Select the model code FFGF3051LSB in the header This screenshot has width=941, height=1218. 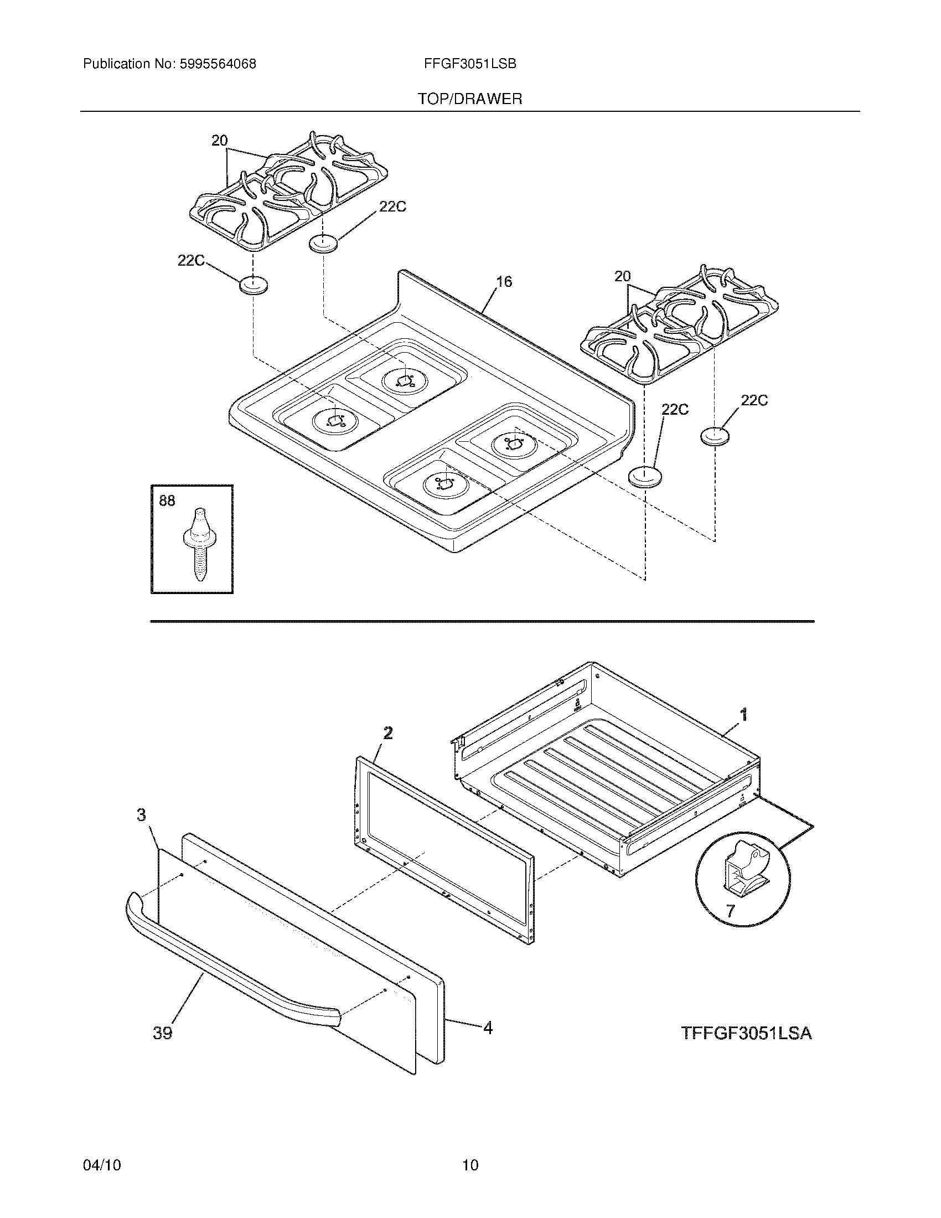469,64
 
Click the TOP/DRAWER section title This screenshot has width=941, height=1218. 470,99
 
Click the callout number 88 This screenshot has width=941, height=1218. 167,501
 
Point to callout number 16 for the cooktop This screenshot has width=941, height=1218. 503,282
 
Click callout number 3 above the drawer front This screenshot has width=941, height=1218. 142,816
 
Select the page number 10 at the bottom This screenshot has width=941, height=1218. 470,1149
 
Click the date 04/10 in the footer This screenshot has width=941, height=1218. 101,1149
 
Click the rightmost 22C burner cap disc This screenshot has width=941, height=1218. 715,436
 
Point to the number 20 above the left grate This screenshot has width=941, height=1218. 219,141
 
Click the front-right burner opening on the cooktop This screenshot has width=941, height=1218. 443,484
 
